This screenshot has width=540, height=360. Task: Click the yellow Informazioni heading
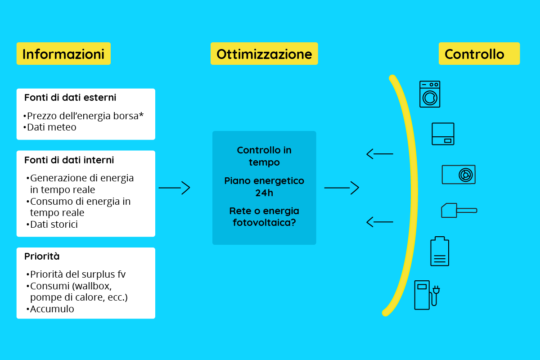(63, 54)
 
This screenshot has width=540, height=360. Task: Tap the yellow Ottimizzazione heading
(264, 54)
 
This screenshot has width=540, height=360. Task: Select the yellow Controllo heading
(479, 54)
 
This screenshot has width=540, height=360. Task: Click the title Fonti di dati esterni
(70, 98)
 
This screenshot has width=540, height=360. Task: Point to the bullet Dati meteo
(50, 127)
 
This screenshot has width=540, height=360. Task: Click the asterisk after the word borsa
(141, 115)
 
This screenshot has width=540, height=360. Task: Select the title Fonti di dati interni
(69, 160)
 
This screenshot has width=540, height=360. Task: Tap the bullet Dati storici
(52, 224)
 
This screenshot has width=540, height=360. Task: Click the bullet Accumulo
(50, 309)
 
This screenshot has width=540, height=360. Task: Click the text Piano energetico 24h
(264, 187)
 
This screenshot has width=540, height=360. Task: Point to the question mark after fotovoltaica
(293, 222)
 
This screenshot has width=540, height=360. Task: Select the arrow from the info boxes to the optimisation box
(174, 188)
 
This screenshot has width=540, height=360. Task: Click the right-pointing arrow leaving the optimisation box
(342, 188)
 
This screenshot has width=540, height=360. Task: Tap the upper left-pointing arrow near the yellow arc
(380, 154)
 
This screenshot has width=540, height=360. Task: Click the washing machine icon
(430, 94)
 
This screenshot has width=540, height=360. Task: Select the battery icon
(440, 251)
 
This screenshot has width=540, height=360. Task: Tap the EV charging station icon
(427, 295)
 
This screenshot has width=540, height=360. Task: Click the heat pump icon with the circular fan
(459, 175)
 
